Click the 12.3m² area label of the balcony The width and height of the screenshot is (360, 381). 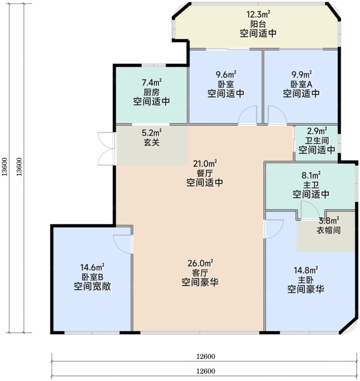tap(258, 14)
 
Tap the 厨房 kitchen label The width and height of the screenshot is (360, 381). tap(151, 92)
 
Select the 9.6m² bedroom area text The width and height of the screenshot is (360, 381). tap(226, 74)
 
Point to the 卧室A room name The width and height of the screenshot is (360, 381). tap(301, 84)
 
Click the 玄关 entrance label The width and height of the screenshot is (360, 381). tap(151, 142)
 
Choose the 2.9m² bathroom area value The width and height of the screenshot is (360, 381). tap(317, 131)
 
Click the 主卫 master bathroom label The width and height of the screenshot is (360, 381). tap(311, 185)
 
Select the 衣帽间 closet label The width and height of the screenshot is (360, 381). tap(329, 230)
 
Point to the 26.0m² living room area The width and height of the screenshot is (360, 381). tap(200, 263)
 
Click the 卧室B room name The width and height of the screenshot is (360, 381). tap(92, 277)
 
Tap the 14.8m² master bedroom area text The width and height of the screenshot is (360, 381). tap(306, 270)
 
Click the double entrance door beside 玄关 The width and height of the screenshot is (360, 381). tap(106, 149)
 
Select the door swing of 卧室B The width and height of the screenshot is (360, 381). tap(123, 244)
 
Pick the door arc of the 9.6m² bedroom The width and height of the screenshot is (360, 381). tap(248, 115)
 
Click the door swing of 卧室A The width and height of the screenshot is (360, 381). tap(277, 115)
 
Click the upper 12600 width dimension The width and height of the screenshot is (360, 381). tap(206, 356)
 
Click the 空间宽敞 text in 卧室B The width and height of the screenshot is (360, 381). tap(92, 287)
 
